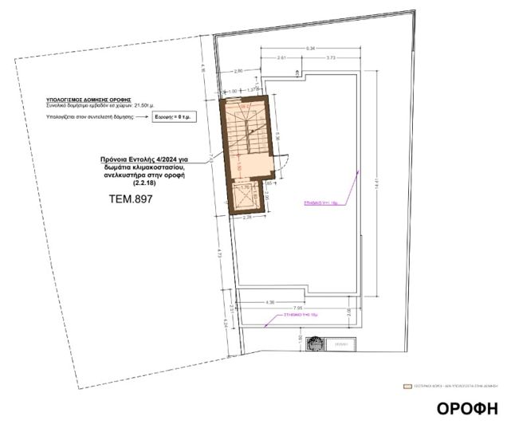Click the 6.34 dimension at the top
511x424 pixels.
pos(310,48)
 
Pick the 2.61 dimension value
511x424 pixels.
pos(282,58)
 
